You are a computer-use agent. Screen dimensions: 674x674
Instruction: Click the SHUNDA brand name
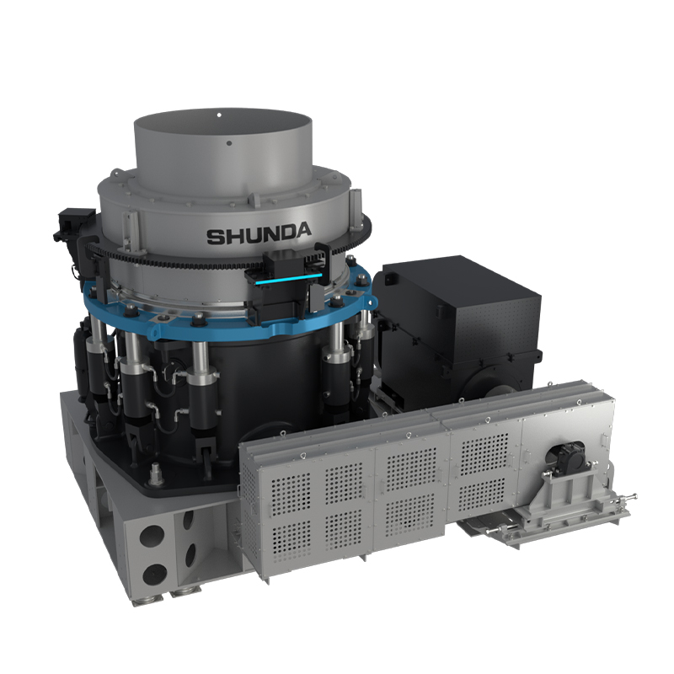259,233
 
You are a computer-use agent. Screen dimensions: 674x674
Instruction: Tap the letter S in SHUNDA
216,237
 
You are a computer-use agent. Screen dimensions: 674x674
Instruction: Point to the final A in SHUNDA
302,230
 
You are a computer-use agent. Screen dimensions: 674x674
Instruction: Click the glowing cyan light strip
288,280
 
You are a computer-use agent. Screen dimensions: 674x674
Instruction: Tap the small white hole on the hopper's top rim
219,115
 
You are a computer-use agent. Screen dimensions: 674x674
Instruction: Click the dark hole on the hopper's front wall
229,143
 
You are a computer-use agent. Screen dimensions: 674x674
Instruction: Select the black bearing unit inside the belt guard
567,458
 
